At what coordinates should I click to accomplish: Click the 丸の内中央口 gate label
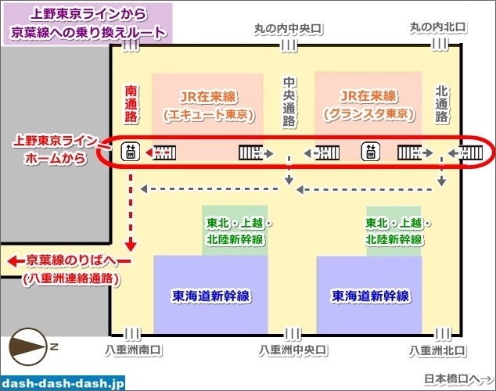coord(289,29)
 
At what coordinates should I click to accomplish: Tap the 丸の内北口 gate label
coord(438,28)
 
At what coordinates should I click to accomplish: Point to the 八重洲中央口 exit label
coord(291,350)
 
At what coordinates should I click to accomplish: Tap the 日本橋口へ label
coord(459,378)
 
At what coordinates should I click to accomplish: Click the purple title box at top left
coord(88,23)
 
